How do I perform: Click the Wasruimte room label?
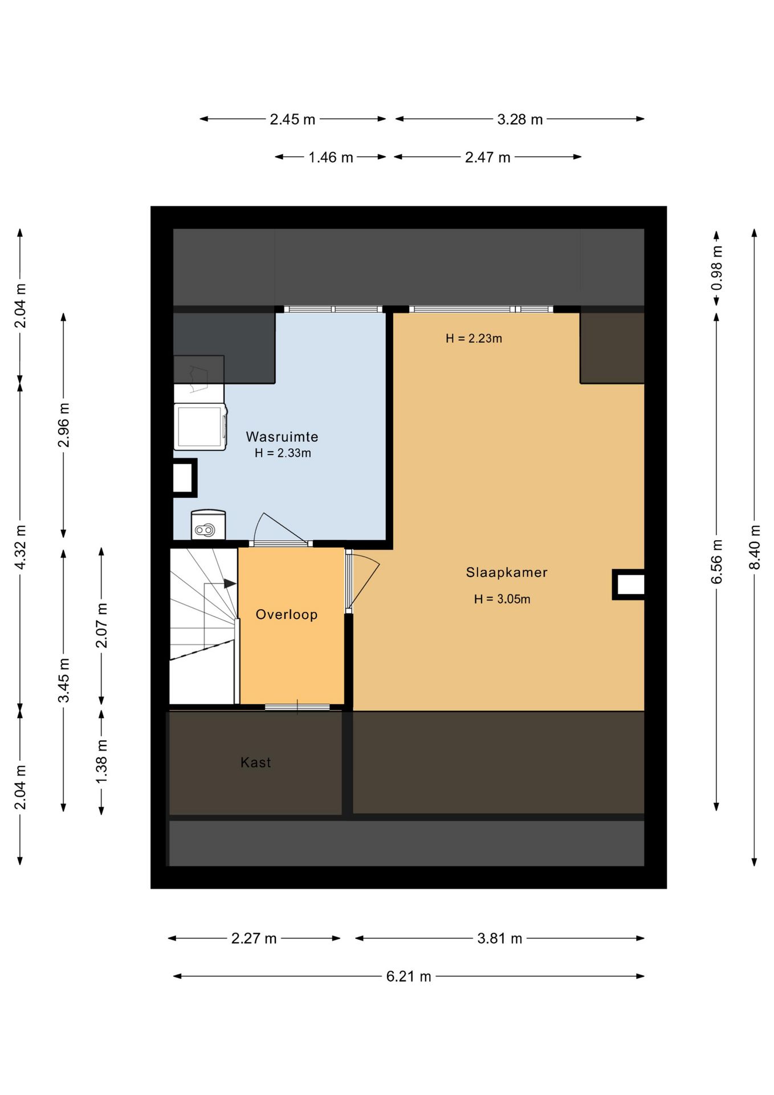[x=282, y=437]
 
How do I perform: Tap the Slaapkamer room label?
[x=507, y=572]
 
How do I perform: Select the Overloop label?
[x=286, y=614]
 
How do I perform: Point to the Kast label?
[x=255, y=762]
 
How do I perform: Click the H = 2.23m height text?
[x=474, y=338]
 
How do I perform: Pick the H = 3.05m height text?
[x=502, y=599]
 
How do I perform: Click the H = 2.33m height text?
[x=283, y=453]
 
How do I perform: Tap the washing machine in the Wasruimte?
[x=200, y=427]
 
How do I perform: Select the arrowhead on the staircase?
[x=230, y=583]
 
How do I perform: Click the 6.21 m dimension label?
[x=409, y=976]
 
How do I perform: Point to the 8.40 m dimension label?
[x=755, y=547]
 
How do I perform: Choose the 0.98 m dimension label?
[x=717, y=267]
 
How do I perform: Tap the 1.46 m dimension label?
[x=331, y=157]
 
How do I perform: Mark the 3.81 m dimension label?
[x=500, y=938]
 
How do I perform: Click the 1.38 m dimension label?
[x=101, y=761]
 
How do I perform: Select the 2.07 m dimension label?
[x=101, y=626]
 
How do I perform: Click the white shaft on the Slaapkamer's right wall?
[x=629, y=585]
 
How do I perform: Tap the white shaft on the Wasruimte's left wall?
[x=185, y=477]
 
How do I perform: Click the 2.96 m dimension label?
[x=64, y=425]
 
